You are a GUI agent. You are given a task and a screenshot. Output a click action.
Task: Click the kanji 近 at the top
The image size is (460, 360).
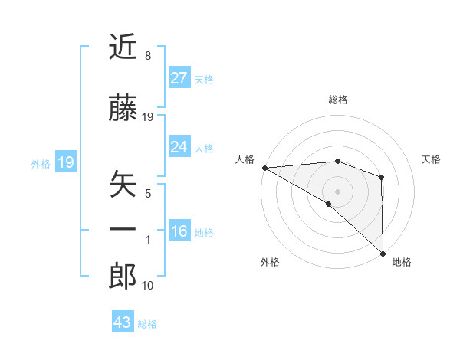tap(123, 48)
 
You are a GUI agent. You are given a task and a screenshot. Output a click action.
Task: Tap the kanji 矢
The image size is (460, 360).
tap(123, 185)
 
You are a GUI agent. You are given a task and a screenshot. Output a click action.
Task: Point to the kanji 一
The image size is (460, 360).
tap(123, 229)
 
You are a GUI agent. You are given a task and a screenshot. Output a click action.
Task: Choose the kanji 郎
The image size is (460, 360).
tap(123, 277)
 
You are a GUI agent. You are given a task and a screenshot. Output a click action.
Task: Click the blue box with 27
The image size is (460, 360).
tap(179, 77)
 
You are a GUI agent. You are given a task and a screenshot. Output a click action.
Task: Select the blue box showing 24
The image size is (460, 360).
tap(179, 147)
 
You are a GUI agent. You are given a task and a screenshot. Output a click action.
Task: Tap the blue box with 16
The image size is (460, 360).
tap(179, 231)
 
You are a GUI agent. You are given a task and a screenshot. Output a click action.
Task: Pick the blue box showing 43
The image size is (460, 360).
tap(122, 322)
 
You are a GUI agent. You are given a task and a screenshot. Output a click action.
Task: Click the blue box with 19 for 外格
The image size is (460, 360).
tap(65, 162)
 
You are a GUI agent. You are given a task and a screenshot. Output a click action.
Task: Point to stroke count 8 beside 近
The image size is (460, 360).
tap(147, 57)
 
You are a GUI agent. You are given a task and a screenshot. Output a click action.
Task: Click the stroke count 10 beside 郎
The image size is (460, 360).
tap(148, 286)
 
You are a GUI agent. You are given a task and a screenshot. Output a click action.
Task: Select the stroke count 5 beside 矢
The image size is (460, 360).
tap(148, 194)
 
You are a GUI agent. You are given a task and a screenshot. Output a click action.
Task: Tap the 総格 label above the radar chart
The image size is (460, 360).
tap(337, 100)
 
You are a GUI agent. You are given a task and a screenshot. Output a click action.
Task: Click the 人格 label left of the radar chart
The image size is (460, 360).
tap(245, 159)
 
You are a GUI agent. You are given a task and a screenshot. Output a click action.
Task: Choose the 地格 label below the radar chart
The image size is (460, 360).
tap(402, 262)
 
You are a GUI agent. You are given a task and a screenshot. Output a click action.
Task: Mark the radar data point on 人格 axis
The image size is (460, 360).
tap(264, 168)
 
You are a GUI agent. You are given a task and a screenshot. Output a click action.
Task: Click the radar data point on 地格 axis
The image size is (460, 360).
tap(383, 254)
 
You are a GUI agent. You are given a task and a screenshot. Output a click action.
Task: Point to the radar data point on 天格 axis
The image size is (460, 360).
tap(382, 177)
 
